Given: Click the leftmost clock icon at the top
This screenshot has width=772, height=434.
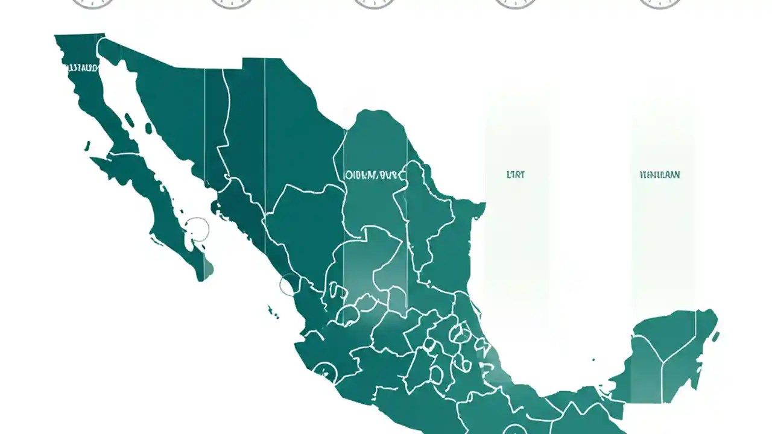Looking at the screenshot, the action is coord(92,3).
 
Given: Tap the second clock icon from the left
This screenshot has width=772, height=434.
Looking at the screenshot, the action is coord(233,3).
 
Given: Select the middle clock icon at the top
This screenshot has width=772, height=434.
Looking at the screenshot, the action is coord(374,3).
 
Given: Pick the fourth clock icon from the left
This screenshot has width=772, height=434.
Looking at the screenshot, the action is coord(516,3).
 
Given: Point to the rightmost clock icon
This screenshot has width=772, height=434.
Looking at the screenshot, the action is coord(660,3).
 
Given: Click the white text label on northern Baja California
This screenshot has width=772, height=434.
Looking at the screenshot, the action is coord(81,68).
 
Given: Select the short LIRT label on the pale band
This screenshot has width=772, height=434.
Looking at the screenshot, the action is coord(516,175).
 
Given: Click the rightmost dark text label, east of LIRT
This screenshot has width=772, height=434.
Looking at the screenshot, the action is coord(659,175).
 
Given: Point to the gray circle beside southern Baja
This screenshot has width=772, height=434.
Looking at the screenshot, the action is coord(197,230).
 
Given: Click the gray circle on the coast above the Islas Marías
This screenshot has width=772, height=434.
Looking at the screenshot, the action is coord(289,285).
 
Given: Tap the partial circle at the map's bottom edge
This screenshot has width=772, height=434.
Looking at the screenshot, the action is coord(514,429).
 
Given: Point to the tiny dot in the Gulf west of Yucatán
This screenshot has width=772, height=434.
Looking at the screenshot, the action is coord(593,360).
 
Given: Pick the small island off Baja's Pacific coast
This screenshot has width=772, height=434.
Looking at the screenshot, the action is coord(87,146).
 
